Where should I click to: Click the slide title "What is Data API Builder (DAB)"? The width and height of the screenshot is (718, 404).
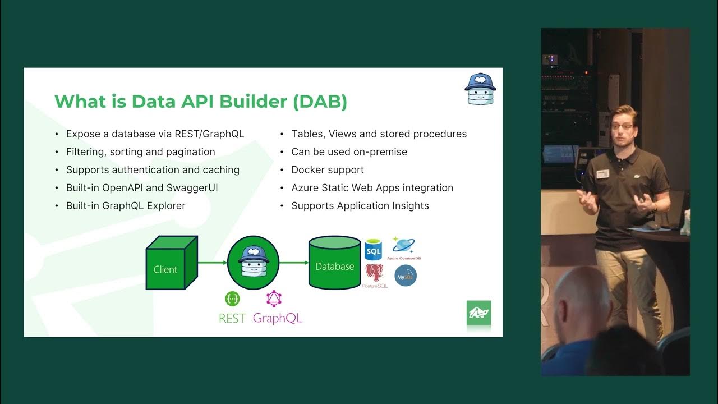pyautogui.click(x=201, y=102)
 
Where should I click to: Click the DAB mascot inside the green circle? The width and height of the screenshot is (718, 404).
pyautogui.click(x=253, y=262)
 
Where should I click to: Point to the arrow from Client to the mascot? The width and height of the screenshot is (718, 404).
pyautogui.click(x=212, y=262)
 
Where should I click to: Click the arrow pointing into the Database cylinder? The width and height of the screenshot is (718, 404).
pyautogui.click(x=293, y=262)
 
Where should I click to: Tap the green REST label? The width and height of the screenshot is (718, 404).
pyautogui.click(x=232, y=318)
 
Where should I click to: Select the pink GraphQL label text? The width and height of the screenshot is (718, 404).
pyautogui.click(x=277, y=318)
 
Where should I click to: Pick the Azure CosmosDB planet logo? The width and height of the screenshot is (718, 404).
pyautogui.click(x=403, y=245)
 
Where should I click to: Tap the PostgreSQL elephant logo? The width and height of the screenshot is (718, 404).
pyautogui.click(x=375, y=273)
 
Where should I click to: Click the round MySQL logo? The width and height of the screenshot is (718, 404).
pyautogui.click(x=405, y=276)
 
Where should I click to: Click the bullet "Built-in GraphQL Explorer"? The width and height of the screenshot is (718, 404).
pyautogui.click(x=126, y=205)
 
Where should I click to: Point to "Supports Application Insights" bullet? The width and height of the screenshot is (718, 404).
pyautogui.click(x=360, y=205)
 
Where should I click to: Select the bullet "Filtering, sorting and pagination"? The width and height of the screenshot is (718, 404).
pyautogui.click(x=140, y=151)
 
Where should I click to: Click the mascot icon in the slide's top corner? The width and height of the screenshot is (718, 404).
pyautogui.click(x=480, y=89)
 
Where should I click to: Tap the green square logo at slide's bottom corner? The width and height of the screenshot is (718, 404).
pyautogui.click(x=478, y=313)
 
